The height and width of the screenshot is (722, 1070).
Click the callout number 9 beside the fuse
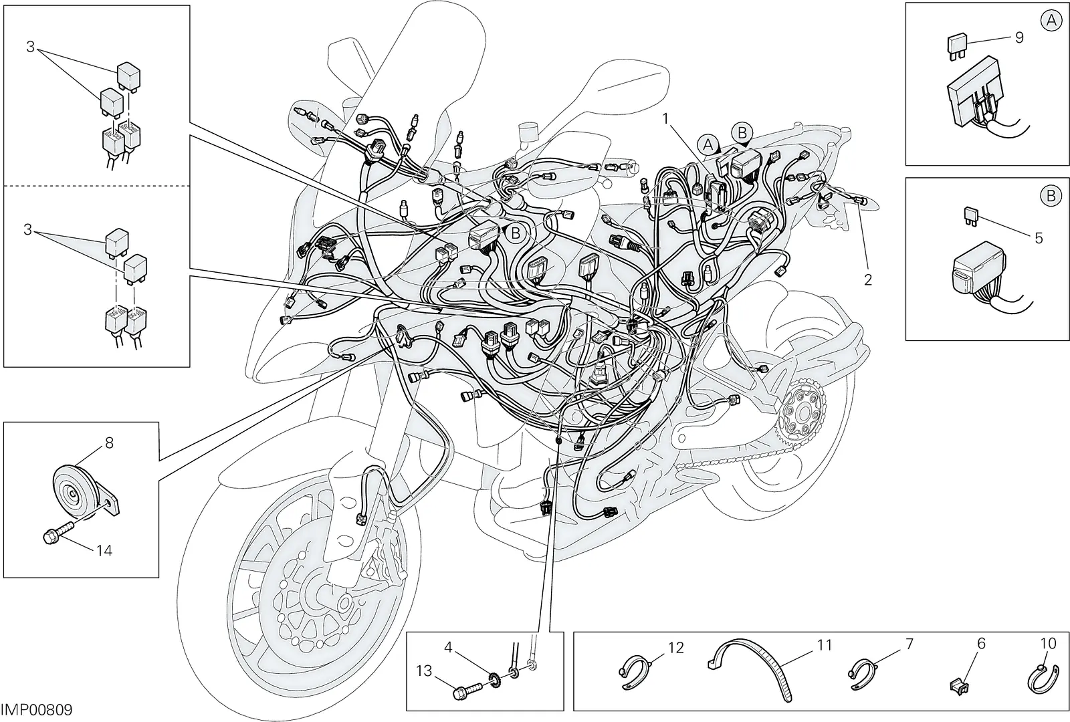(1019, 37)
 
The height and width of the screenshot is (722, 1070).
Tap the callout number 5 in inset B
(1039, 238)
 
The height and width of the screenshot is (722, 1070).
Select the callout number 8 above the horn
(109, 443)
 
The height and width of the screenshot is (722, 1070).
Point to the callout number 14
(104, 551)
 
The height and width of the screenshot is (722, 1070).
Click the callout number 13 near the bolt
(424, 671)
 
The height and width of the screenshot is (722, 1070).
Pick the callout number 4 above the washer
(447, 648)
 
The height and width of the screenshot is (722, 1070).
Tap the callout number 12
(676, 648)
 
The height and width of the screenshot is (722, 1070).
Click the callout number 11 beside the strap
(825, 645)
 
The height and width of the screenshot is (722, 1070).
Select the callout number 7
(909, 644)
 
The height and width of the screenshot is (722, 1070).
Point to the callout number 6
(980, 644)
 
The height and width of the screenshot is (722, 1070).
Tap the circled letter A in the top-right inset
(1051, 21)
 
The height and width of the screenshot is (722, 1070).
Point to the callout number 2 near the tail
(868, 280)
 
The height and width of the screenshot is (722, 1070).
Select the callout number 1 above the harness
(665, 118)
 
